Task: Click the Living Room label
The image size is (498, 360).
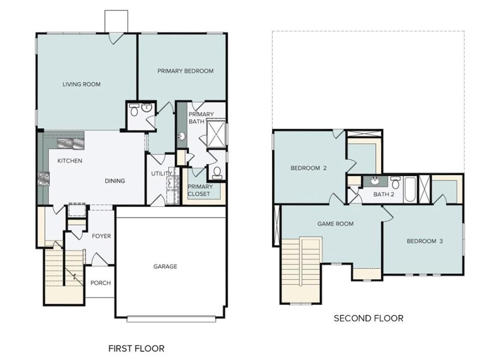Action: click(x=81, y=84)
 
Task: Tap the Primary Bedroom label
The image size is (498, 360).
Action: click(x=186, y=71)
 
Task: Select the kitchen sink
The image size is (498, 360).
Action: click(x=71, y=144)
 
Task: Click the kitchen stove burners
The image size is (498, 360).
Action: click(x=44, y=178)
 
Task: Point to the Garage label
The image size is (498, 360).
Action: click(x=165, y=266)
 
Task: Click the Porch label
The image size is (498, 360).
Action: click(x=101, y=283)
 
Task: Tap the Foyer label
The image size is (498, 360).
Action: click(x=101, y=236)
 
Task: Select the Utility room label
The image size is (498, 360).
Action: click(x=162, y=174)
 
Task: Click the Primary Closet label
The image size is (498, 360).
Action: click(x=200, y=190)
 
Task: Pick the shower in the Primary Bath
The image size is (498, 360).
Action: click(x=216, y=134)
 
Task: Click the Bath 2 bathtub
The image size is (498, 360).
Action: click(x=410, y=189)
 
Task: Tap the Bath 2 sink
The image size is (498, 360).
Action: click(x=375, y=182)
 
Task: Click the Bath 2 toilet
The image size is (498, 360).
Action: click(x=395, y=183)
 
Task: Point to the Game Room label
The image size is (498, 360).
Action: click(x=336, y=224)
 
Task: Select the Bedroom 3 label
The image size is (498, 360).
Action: click(x=425, y=241)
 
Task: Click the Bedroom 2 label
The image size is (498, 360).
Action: click(x=308, y=168)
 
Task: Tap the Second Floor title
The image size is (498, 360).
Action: click(x=368, y=318)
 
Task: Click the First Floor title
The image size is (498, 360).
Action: click(x=136, y=349)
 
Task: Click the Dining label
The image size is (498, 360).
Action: click(x=115, y=181)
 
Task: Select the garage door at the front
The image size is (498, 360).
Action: click(x=171, y=319)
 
